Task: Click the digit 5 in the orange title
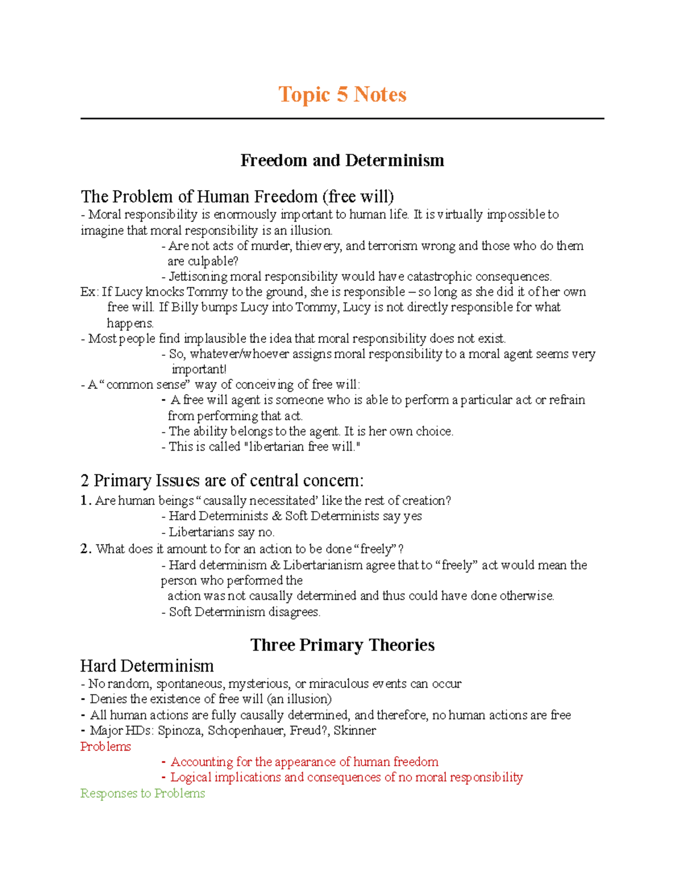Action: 342,94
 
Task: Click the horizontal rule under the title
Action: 342,119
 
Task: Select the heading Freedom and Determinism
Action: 342,160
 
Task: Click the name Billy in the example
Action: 184,308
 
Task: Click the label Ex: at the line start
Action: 90,292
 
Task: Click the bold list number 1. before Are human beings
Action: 86,501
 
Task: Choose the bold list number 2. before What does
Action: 86,549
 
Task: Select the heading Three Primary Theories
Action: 342,645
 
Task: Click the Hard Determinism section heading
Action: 147,666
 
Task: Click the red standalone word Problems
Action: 106,746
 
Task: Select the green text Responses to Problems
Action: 143,793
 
